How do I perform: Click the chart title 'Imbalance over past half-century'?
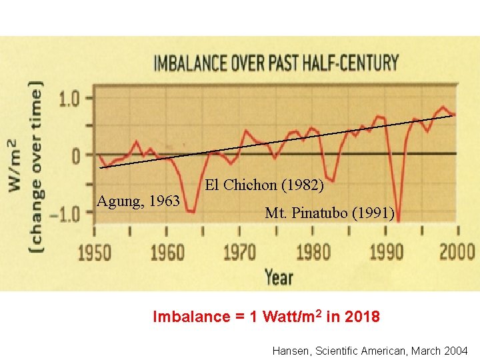click(x=276, y=63)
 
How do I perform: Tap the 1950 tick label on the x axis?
click(x=95, y=253)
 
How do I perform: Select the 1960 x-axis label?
click(x=167, y=253)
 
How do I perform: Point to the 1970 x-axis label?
click(x=239, y=253)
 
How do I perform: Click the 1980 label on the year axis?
click(x=312, y=253)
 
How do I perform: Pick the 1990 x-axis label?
click(x=386, y=253)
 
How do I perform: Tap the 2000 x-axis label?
click(x=457, y=253)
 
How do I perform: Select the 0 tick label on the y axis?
click(x=77, y=155)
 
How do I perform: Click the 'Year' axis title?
click(x=278, y=276)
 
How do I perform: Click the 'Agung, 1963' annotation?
click(x=138, y=200)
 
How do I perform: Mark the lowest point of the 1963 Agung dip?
click(x=191, y=211)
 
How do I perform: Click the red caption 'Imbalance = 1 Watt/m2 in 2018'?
click(x=267, y=317)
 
